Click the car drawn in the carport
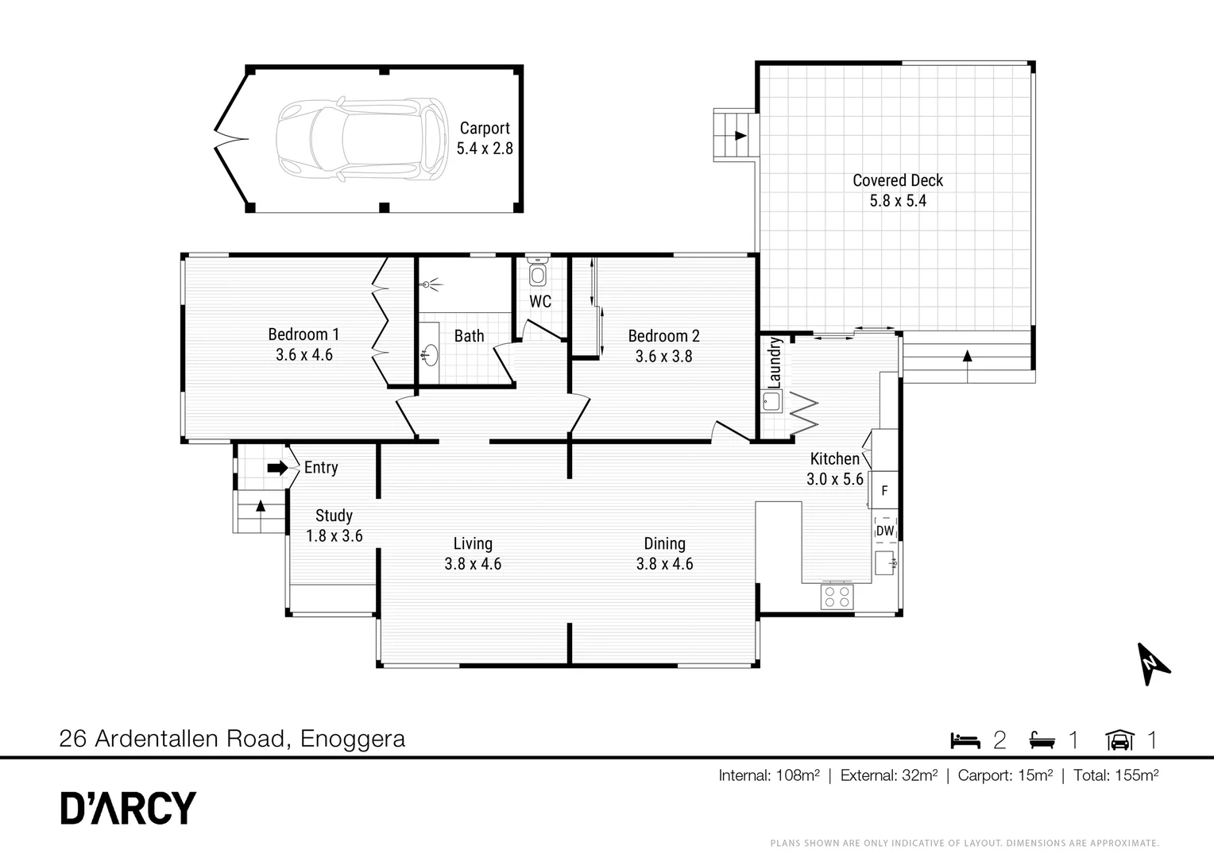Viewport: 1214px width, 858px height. (x=362, y=139)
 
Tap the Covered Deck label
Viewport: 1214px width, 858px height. (x=898, y=180)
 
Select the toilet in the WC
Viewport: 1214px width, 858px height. (x=538, y=272)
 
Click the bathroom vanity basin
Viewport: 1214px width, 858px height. (x=431, y=355)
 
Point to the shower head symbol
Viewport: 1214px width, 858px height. (x=429, y=284)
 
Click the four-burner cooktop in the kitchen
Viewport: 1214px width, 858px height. (x=837, y=596)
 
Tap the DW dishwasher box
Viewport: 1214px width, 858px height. (x=885, y=531)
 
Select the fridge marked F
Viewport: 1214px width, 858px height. (x=884, y=490)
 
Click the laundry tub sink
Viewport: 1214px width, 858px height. (x=771, y=402)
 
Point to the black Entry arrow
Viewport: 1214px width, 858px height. (x=277, y=468)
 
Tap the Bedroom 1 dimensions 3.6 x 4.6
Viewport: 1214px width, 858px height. (x=304, y=355)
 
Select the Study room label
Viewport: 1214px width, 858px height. (x=334, y=516)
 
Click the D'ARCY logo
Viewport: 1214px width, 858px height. (x=128, y=808)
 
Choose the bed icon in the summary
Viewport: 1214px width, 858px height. (x=965, y=740)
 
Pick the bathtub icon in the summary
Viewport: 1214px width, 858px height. (x=1042, y=740)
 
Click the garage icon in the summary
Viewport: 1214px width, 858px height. (x=1119, y=740)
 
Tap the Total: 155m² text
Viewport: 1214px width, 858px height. (x=1116, y=775)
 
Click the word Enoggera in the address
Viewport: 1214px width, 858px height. (x=353, y=740)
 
